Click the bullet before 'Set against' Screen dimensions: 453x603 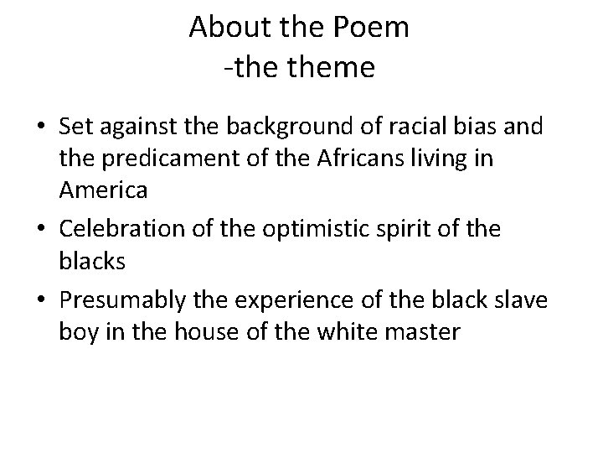click(41, 128)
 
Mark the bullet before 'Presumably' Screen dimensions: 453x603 click(41, 299)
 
